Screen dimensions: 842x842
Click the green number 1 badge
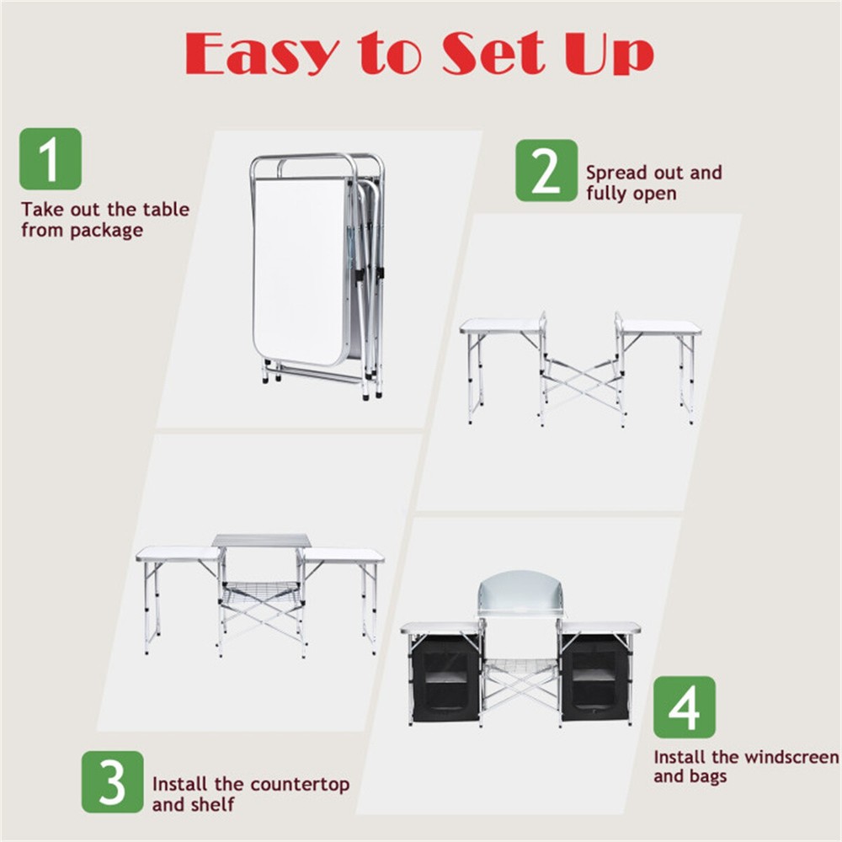(x=51, y=158)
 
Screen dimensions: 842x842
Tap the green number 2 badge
(x=546, y=170)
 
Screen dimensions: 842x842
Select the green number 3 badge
(x=112, y=781)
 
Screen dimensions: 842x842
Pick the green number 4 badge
(x=684, y=707)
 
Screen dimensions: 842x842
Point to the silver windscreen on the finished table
(x=520, y=594)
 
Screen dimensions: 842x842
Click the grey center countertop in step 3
(x=261, y=541)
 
